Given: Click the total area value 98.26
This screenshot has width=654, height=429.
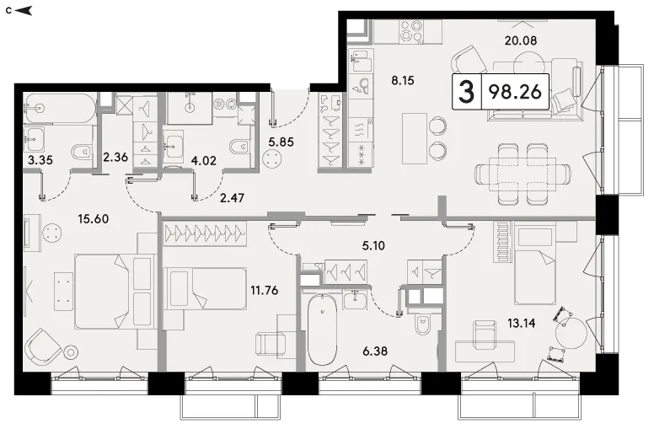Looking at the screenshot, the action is click(515, 91).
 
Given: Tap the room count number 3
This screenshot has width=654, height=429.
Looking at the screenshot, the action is click(466, 92).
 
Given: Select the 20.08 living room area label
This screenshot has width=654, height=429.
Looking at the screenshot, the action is click(521, 40).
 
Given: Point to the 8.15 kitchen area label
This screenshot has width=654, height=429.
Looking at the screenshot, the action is click(403, 80).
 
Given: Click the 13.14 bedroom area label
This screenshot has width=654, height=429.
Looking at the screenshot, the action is click(522, 323).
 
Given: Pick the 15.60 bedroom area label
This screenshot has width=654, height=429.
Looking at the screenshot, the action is click(94, 218).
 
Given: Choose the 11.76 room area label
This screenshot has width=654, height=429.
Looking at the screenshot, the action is click(264, 290).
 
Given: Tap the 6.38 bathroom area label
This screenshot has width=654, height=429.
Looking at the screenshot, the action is click(375, 351).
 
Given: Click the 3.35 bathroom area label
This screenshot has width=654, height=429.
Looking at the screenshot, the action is click(40, 160).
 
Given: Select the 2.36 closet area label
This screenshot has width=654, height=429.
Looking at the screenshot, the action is click(115, 158).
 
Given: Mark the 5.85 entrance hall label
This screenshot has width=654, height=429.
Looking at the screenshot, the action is click(281, 142).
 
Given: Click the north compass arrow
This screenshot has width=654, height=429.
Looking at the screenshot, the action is click(24, 10).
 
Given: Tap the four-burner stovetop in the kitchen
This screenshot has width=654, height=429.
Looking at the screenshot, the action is click(411, 32).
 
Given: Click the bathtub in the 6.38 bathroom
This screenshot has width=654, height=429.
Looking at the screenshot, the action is click(322, 330).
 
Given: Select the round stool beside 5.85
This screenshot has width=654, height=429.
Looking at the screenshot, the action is click(274, 158).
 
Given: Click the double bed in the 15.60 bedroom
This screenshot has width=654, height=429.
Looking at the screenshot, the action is click(114, 292).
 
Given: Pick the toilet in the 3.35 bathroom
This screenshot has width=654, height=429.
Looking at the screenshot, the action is click(83, 153).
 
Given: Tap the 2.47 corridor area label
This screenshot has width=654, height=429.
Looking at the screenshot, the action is click(232, 198).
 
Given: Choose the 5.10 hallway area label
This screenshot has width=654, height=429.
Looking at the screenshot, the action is click(373, 245).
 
